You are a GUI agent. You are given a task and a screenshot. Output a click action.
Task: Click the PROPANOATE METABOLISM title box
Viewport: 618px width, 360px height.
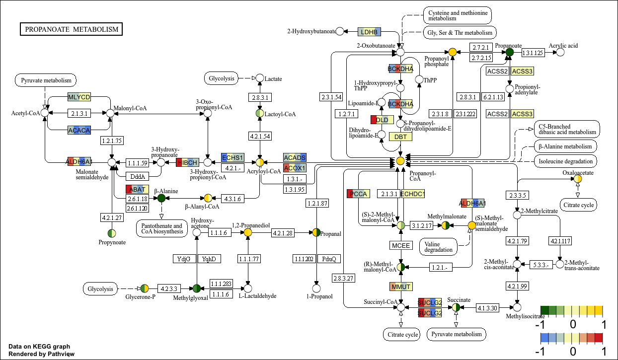(72, 29)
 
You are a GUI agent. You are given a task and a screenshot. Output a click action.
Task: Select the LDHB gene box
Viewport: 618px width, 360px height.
(369, 32)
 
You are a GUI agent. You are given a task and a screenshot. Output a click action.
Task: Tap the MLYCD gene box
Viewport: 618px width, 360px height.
(79, 97)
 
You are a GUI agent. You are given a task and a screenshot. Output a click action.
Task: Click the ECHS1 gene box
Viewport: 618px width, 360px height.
(232, 157)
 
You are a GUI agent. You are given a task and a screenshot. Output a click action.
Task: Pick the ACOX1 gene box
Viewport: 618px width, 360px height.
(295, 168)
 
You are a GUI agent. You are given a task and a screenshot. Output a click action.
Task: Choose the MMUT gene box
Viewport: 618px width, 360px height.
(401, 287)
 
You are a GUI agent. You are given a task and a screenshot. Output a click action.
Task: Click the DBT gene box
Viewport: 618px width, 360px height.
(400, 137)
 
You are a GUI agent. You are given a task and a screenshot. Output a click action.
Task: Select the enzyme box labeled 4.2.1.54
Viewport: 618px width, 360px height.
(260, 136)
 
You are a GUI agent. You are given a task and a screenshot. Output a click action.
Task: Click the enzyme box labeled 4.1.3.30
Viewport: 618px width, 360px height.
(487, 307)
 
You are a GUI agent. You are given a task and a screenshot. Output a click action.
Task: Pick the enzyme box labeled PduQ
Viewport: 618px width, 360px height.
(329, 259)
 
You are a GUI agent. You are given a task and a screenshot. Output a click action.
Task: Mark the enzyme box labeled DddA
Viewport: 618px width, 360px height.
(137, 176)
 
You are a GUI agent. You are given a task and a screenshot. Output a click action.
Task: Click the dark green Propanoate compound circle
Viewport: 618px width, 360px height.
(509, 52)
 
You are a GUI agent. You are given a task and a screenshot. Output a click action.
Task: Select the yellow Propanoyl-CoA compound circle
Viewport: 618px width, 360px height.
(400, 160)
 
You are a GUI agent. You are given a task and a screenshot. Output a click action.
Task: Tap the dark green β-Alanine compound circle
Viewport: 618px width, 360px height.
(161, 198)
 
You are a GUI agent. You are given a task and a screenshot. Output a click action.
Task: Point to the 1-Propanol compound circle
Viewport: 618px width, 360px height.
(316, 288)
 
